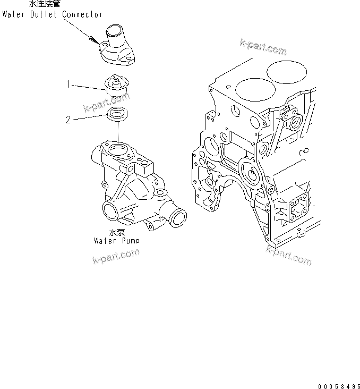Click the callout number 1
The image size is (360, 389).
[68, 84]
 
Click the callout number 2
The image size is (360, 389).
[68, 120]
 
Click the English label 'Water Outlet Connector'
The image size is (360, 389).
[52, 14]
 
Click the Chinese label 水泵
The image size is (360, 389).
[117, 232]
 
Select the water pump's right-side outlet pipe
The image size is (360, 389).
[177, 218]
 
